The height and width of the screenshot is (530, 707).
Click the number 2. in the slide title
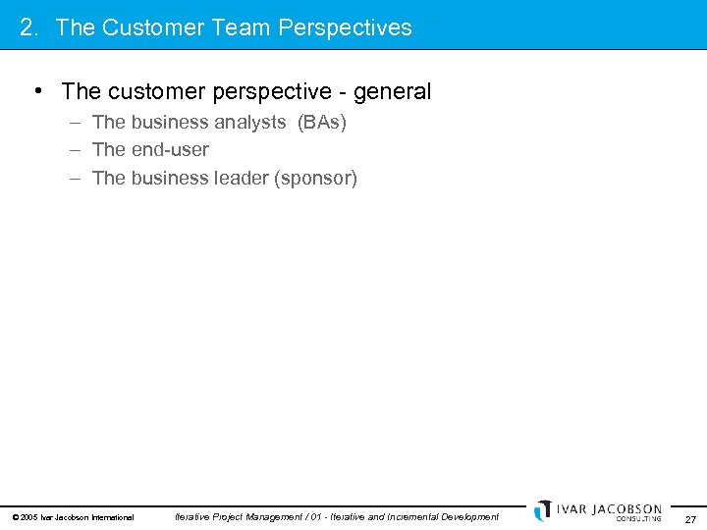pyautogui.click(x=29, y=27)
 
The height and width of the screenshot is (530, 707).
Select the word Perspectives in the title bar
pyautogui.click(x=345, y=27)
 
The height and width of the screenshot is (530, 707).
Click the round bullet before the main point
pyautogui.click(x=36, y=91)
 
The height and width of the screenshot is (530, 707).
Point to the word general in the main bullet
pyautogui.click(x=392, y=92)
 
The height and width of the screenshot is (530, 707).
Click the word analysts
pyautogui.click(x=249, y=123)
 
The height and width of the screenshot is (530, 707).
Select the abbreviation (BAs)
pyautogui.click(x=322, y=123)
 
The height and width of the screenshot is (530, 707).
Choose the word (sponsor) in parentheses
pyautogui.click(x=316, y=179)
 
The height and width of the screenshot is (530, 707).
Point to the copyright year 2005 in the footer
pyautogui.click(x=28, y=517)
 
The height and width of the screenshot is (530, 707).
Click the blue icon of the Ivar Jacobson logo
pyautogui.click(x=543, y=510)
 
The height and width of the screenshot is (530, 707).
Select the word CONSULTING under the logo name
pyautogui.click(x=638, y=519)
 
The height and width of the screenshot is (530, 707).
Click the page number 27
pyautogui.click(x=690, y=519)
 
